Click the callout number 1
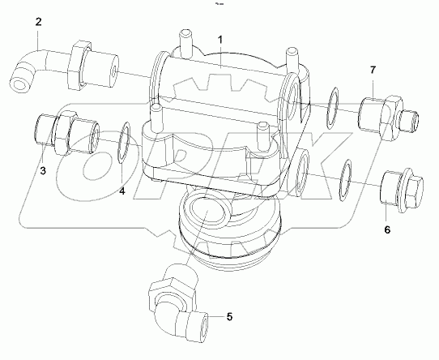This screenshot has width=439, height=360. coord(220,39)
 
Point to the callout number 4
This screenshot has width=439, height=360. coord(122,191)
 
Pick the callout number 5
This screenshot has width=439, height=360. coord(229,316)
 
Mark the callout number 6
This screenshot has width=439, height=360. coord(386,230)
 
